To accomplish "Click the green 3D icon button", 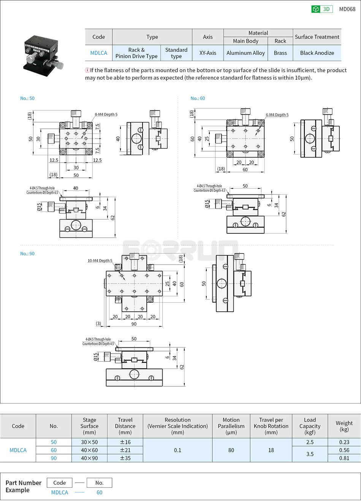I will pyautogui.click(x=321, y=9).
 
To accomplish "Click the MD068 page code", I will pyautogui.click(x=347, y=9).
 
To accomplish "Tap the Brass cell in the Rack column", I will pyautogui.click(x=280, y=53).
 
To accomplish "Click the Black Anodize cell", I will pyautogui.click(x=317, y=53).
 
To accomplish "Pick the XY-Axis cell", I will pyautogui.click(x=207, y=53).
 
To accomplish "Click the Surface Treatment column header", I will pyautogui.click(x=317, y=37).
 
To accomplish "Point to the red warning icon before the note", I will pyautogui.click(x=87, y=70).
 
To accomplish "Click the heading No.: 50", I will pyautogui.click(x=27, y=98).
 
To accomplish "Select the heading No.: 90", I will pyautogui.click(x=27, y=254).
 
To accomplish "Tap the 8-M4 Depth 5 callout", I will pyautogui.click(x=106, y=115).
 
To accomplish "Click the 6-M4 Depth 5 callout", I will pyautogui.click(x=277, y=115).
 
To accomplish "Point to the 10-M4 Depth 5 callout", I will pyautogui.click(x=100, y=261).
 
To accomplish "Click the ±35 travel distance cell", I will pyautogui.click(x=125, y=458).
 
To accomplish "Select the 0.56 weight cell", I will pyautogui.click(x=344, y=450).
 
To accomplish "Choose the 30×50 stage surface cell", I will pyautogui.click(x=89, y=442).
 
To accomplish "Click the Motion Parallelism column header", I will pyautogui.click(x=231, y=426).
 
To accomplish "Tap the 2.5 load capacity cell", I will pyautogui.click(x=310, y=442).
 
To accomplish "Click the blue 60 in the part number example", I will pyautogui.click(x=99, y=492).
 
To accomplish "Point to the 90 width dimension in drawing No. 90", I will pyautogui.click(x=134, y=324).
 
